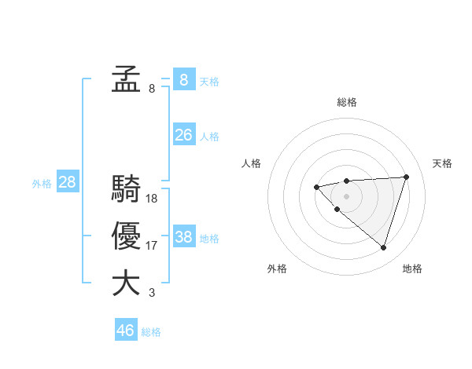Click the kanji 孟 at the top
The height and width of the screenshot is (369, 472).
pos(126,79)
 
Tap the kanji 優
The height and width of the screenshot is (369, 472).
pos(126,236)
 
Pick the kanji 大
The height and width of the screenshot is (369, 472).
pos(126,283)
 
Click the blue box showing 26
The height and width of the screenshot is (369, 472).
pos(183,135)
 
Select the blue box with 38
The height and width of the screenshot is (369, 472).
pos(183,237)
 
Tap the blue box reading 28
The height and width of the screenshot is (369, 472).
pos(67,183)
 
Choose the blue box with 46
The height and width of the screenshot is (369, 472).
pos(126,330)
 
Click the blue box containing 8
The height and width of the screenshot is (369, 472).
pos(183,79)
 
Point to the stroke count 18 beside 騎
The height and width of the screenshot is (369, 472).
pos(152,199)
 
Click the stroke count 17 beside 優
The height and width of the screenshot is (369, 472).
pos(152,246)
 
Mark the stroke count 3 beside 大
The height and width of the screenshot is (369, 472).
pos(152,293)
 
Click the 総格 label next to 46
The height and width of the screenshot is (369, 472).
pos(151,332)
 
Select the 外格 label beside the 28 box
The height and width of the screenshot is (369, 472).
pos(42,184)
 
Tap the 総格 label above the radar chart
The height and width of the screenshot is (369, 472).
pos(347,102)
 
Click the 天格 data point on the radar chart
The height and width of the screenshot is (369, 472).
pos(406,177)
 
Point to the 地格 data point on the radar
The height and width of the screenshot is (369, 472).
pos(383,247)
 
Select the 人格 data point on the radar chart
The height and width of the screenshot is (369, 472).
pos(316,187)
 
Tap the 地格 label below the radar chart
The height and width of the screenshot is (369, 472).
pos(412,269)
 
